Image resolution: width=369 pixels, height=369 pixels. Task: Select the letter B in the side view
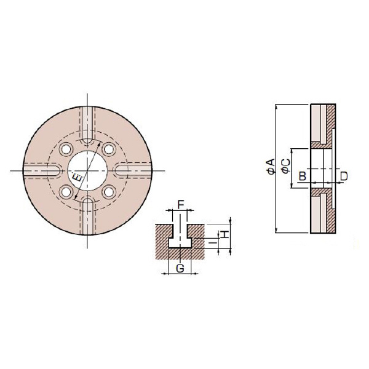301,177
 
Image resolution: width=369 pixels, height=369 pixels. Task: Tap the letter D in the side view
344,177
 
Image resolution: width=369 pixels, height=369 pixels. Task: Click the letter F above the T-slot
180,204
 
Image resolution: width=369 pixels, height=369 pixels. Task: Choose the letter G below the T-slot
180,268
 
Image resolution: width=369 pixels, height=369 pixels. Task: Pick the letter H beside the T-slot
225,234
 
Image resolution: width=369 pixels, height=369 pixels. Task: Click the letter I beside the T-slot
213,244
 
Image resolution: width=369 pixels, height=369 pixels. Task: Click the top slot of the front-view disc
87,123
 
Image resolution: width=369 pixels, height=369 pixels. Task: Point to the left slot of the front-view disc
40,170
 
